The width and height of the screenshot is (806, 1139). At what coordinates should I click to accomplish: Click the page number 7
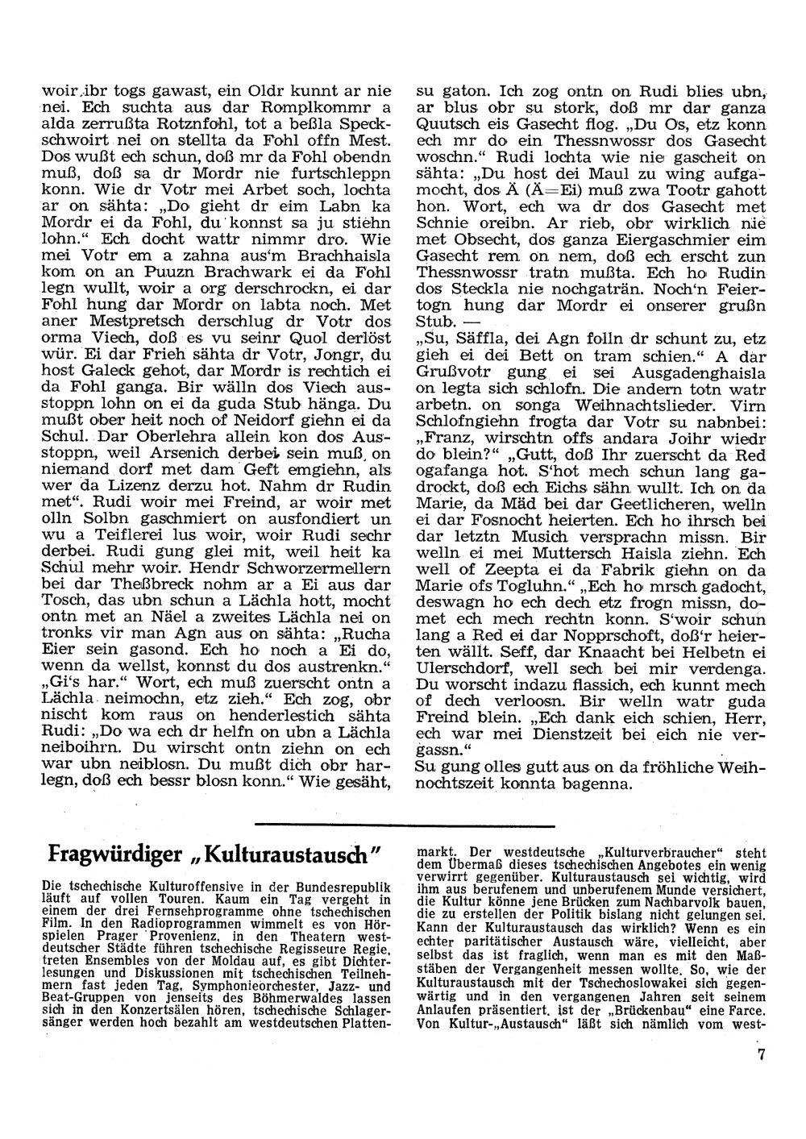coord(760,1077)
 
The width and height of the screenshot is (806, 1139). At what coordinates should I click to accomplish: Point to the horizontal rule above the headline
coord(405,825)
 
